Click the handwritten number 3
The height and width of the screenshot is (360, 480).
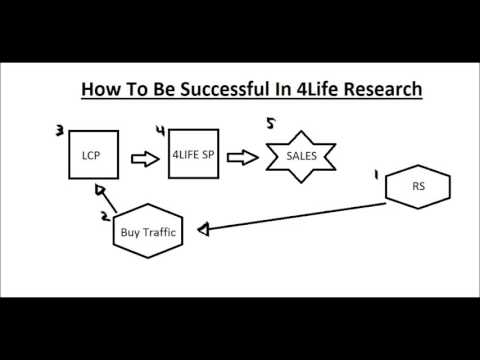[x=61, y=129]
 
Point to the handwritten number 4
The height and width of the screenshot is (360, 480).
[x=162, y=129]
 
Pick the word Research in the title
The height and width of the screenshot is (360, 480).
[x=377, y=90]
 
